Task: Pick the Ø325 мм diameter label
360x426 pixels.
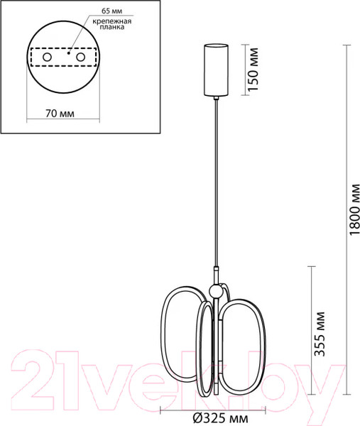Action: point(214,419)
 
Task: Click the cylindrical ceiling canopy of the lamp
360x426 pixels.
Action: point(215,70)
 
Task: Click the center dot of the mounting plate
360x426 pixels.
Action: point(67,52)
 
